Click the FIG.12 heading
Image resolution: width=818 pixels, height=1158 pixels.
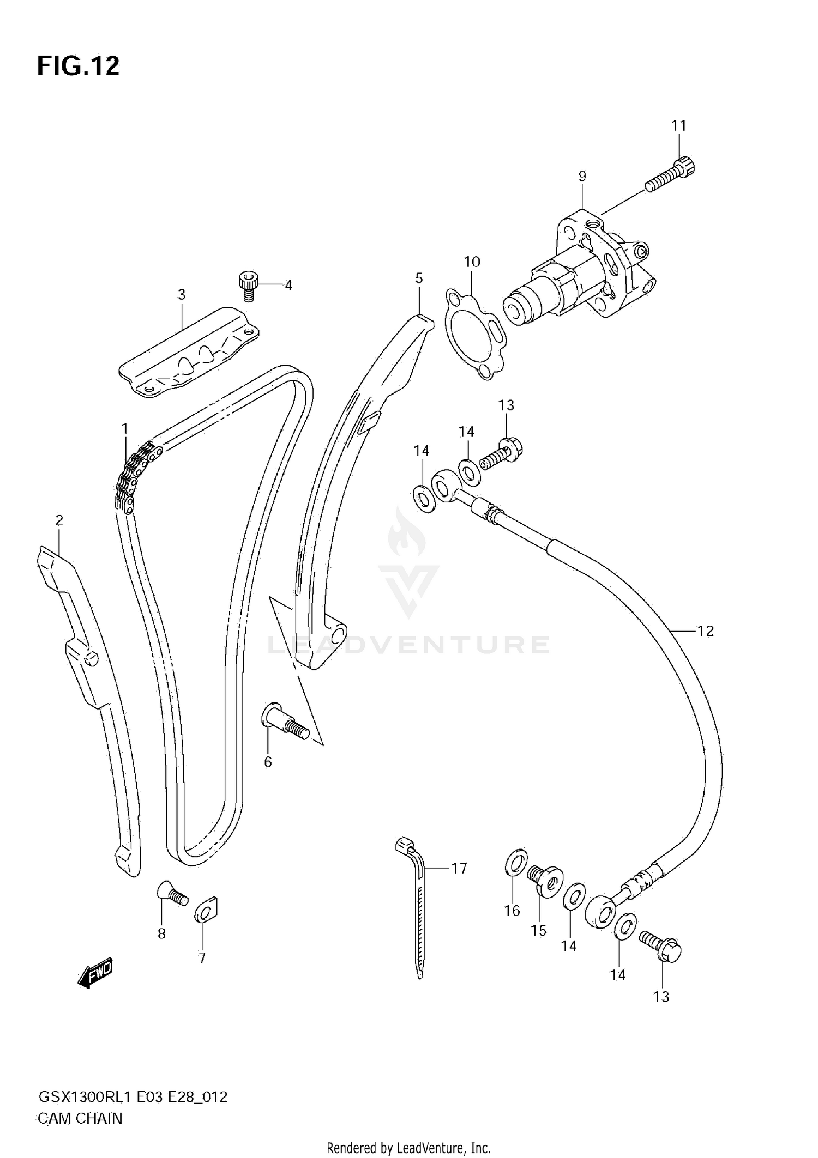[78, 66]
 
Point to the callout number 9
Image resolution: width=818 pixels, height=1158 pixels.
[582, 177]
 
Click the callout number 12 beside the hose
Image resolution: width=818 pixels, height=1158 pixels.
[705, 631]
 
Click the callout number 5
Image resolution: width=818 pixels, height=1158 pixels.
[418, 278]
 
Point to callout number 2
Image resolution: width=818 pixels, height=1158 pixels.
[59, 520]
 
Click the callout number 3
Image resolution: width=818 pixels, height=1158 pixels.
[182, 295]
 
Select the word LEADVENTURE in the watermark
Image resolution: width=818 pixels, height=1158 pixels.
[408, 645]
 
